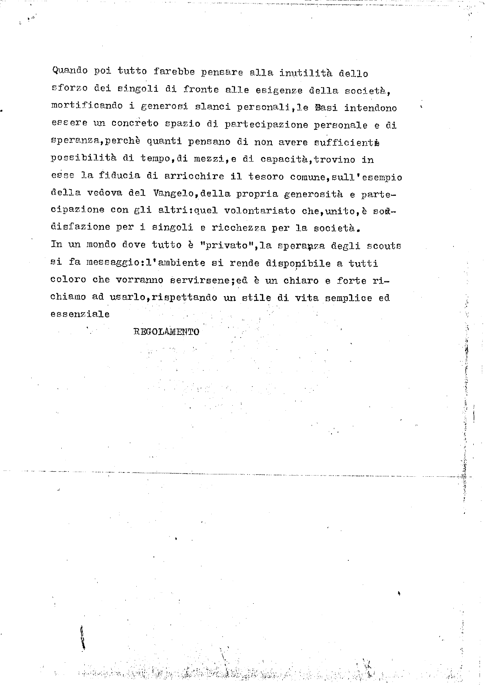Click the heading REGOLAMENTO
(x=166, y=332)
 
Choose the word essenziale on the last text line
(x=80, y=314)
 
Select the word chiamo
(x=68, y=297)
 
